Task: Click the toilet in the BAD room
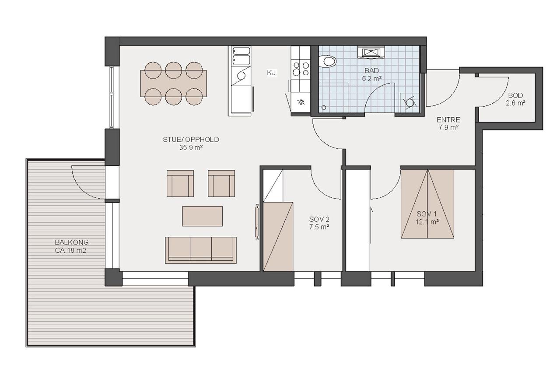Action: pos(328,61)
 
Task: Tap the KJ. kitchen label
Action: pos(272,73)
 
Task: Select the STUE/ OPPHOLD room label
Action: pos(191,140)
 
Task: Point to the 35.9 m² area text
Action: pos(191,147)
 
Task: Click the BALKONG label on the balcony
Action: pos(72,242)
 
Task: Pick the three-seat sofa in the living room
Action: pos(200,250)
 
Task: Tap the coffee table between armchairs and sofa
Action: pos(202,216)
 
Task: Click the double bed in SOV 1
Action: pos(427,204)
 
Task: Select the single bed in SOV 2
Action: pos(278,236)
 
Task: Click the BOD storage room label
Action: pos(515,95)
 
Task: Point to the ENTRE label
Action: pos(448,119)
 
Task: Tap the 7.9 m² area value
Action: pos(448,127)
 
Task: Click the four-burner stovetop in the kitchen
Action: pos(301,69)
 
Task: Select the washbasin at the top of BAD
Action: pos(371,53)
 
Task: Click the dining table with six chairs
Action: pos(174,83)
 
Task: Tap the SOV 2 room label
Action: pos(319,219)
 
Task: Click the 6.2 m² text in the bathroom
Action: pos(372,79)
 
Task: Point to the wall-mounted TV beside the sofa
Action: pos(257,222)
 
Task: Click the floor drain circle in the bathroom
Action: pos(324,108)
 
